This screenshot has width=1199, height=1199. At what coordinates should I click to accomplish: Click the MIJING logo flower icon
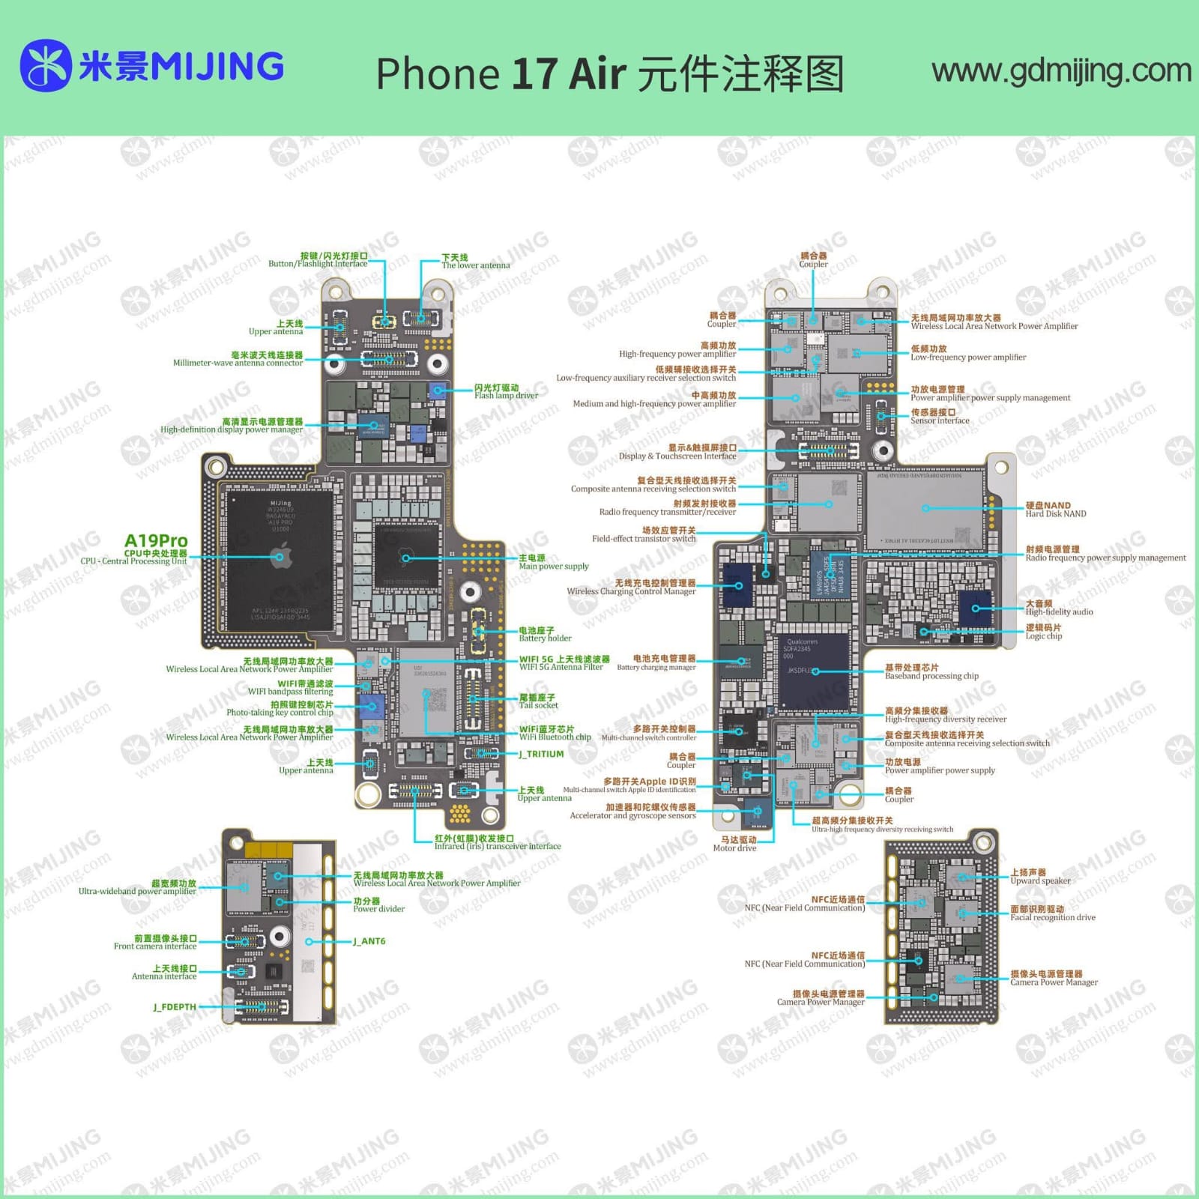click(x=46, y=66)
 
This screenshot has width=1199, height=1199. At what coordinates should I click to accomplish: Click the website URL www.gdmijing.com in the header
click(x=1061, y=71)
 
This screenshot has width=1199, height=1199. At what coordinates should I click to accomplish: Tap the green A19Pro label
click(x=156, y=541)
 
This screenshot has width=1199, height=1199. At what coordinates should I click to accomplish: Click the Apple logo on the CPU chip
click(x=281, y=556)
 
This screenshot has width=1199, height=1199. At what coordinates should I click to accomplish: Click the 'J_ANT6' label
click(x=369, y=941)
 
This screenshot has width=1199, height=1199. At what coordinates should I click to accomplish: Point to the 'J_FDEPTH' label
click(x=175, y=1007)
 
